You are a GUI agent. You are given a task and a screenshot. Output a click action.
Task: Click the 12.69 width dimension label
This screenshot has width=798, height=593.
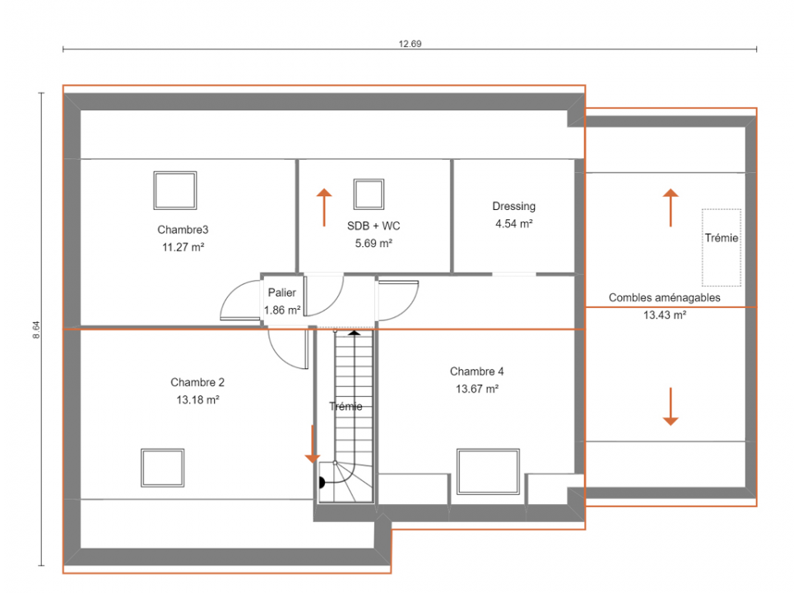(410, 44)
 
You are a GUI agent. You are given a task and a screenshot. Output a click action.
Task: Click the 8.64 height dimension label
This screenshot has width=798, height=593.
(36, 329)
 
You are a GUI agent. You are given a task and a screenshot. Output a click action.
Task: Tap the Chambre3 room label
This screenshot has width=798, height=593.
(183, 230)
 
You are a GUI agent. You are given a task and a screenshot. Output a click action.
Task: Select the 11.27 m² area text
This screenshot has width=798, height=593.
(183, 247)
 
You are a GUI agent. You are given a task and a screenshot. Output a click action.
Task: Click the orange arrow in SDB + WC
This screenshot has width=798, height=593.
(324, 208)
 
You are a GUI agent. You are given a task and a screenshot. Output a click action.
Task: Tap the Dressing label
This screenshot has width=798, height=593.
(513, 207)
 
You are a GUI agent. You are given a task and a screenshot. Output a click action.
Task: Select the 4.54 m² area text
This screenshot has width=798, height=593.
(514, 224)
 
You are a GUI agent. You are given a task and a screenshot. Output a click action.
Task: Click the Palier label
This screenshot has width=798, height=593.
(282, 292)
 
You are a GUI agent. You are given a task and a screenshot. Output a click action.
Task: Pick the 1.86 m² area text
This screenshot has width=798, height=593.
(282, 310)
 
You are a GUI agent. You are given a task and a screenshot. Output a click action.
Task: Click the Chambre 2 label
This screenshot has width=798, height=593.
(197, 382)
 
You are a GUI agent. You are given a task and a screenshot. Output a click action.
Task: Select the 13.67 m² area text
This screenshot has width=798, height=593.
(477, 389)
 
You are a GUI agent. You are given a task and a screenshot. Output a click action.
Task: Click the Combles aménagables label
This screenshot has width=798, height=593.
(665, 297)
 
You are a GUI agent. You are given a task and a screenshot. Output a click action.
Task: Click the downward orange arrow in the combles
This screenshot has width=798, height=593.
(670, 407)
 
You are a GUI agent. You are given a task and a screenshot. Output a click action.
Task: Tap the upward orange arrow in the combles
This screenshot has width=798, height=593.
(670, 208)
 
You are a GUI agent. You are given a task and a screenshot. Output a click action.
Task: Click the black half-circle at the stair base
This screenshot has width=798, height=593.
(322, 482)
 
